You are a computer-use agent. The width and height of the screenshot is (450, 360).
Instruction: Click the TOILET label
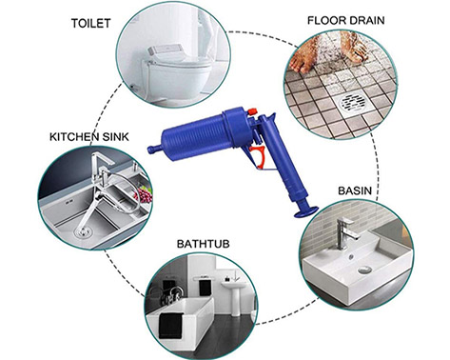click(90, 24)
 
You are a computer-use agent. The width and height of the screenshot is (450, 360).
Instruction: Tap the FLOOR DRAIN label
click(346, 20)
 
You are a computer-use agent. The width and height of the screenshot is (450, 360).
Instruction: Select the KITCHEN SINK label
click(89, 137)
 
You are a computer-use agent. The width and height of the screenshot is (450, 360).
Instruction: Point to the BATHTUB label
click(203, 244)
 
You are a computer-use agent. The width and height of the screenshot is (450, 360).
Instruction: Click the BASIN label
click(355, 190)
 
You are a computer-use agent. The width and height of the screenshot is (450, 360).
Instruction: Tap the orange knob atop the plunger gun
click(252, 111)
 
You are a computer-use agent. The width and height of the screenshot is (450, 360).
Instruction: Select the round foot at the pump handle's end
click(306, 212)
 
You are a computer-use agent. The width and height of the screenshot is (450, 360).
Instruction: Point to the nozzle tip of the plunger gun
click(151, 149)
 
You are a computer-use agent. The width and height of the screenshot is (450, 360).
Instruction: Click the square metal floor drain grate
click(351, 102)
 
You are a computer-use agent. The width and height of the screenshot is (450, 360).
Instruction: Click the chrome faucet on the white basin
click(346, 232)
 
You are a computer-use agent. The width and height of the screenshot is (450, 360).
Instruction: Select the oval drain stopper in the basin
click(365, 270)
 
